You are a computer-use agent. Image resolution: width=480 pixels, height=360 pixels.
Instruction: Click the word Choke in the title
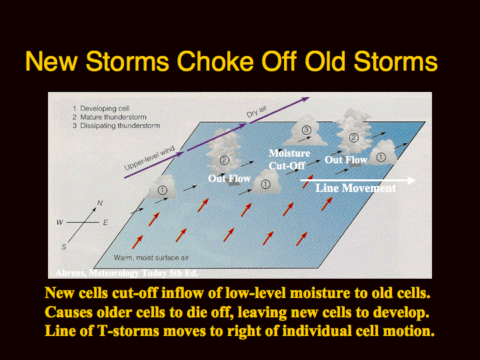pos(215,61)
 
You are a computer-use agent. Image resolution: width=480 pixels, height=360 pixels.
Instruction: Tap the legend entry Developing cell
pos(105,109)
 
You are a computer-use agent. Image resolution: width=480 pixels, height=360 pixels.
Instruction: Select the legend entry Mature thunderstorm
pos(113,117)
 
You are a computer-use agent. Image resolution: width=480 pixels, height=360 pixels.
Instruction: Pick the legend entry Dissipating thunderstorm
pos(120,125)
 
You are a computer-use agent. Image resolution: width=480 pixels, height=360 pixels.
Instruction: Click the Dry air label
pos(257,112)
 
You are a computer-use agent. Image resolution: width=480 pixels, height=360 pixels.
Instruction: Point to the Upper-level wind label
pos(149,158)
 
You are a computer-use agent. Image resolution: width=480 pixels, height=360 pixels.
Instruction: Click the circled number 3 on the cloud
pos(306,130)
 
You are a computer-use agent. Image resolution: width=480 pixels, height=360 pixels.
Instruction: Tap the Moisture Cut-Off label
pos(289,159)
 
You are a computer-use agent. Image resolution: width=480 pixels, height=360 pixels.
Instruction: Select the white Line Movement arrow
pos(358,180)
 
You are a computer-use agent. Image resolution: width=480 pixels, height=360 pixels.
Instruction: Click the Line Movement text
pos(356,188)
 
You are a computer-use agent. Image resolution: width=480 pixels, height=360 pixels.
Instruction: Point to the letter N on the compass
pos(100,203)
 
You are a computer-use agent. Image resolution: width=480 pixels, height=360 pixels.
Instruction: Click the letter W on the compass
pos(60,222)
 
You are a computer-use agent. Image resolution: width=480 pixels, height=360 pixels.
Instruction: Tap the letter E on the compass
pos(105,223)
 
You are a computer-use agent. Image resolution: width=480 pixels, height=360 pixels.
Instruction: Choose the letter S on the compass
pos(64,247)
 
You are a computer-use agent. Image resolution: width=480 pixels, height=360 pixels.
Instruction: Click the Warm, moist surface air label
pos(151,258)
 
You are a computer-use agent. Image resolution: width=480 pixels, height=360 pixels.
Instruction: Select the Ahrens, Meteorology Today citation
pos(127,273)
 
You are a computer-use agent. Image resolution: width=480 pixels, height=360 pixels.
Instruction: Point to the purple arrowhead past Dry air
pos(306,99)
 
